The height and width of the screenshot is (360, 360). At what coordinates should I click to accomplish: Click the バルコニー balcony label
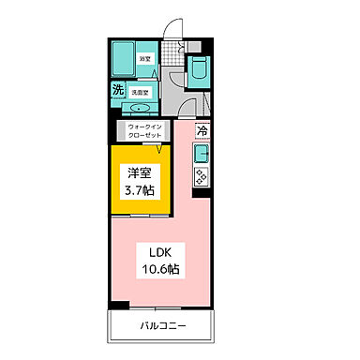pos(163,326)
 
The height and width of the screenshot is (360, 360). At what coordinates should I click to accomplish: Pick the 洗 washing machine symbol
pos(118,90)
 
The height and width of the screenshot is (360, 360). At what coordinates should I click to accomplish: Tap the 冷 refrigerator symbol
pos(202,130)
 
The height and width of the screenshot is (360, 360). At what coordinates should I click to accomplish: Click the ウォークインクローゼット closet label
pos(142,129)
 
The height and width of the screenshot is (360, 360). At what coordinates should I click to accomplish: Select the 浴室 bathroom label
pos(145,59)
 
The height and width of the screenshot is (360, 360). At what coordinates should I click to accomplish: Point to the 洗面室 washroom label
pos(142,92)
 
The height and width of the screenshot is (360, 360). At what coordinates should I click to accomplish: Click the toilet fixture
pos(200,68)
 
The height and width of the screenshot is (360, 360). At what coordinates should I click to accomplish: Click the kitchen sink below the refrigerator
pos(202,152)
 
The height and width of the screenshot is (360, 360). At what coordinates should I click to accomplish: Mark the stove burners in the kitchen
pos(202,175)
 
